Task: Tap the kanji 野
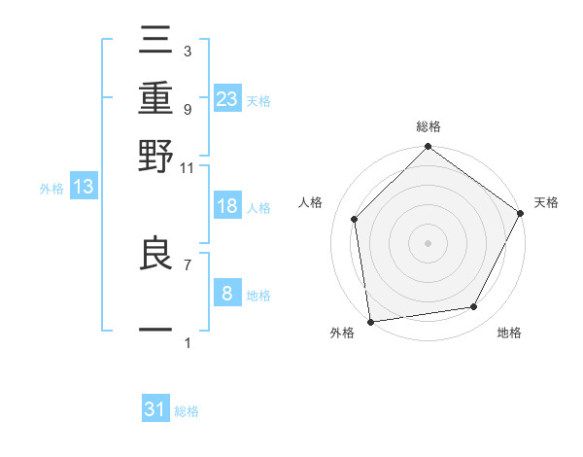(156, 156)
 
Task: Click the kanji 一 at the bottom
(156, 331)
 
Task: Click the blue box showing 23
(227, 97)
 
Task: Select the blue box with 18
(227, 206)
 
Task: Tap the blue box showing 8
(227, 294)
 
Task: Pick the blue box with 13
(84, 188)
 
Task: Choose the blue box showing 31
(155, 409)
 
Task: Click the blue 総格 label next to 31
(187, 411)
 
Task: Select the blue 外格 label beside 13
(51, 190)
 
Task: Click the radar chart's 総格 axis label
(428, 126)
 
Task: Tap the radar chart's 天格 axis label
(547, 202)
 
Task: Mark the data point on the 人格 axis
(355, 219)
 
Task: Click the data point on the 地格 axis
(474, 306)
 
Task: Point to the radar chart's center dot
(428, 242)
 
